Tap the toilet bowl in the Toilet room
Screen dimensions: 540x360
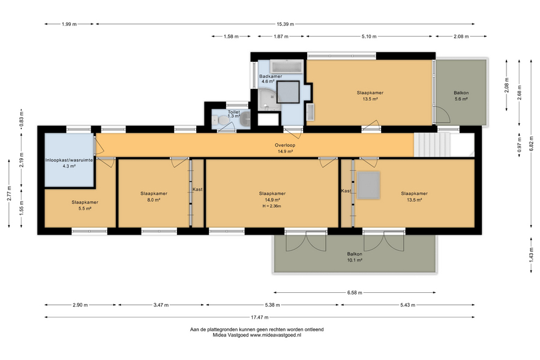point(223,120)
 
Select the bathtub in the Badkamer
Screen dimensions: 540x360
point(286,67)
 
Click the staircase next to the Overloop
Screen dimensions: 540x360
point(432,145)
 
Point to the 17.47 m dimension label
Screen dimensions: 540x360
point(260,317)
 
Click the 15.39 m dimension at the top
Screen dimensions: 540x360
point(285,24)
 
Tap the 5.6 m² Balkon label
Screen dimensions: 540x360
point(461,96)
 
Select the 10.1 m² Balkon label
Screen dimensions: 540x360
point(355,257)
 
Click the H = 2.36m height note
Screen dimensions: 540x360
point(272,206)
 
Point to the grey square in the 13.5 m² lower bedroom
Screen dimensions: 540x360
point(368,185)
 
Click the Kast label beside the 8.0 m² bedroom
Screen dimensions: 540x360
point(197,190)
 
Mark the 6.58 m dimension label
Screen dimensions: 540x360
point(355,293)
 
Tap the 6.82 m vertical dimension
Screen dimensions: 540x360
point(531,143)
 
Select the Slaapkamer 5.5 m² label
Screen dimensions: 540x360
point(85,205)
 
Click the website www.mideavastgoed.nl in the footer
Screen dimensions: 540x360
point(275,335)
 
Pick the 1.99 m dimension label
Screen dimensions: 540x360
point(69,24)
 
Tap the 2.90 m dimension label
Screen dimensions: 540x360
point(80,305)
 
